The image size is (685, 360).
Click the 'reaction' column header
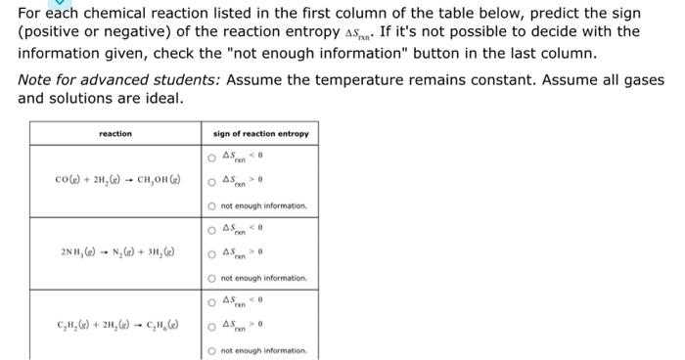coord(115,133)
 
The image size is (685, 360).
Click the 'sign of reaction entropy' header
coord(260,133)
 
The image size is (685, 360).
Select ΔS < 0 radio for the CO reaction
coord(210,157)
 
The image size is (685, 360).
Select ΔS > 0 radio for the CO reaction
coord(210,181)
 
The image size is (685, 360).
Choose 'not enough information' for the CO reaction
coord(210,206)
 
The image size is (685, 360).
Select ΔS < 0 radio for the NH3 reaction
coord(210,230)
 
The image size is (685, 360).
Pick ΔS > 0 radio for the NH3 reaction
coord(210,254)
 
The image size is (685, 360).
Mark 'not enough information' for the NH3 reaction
coord(210,279)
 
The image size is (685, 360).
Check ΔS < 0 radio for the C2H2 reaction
coord(210,301)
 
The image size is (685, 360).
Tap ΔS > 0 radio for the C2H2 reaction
coord(210,326)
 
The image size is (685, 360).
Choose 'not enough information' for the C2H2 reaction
coord(210,350)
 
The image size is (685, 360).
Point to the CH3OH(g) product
coord(158,181)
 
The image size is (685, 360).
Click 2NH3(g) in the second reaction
coord(77,254)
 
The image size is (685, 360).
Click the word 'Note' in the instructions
coord(36,80)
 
